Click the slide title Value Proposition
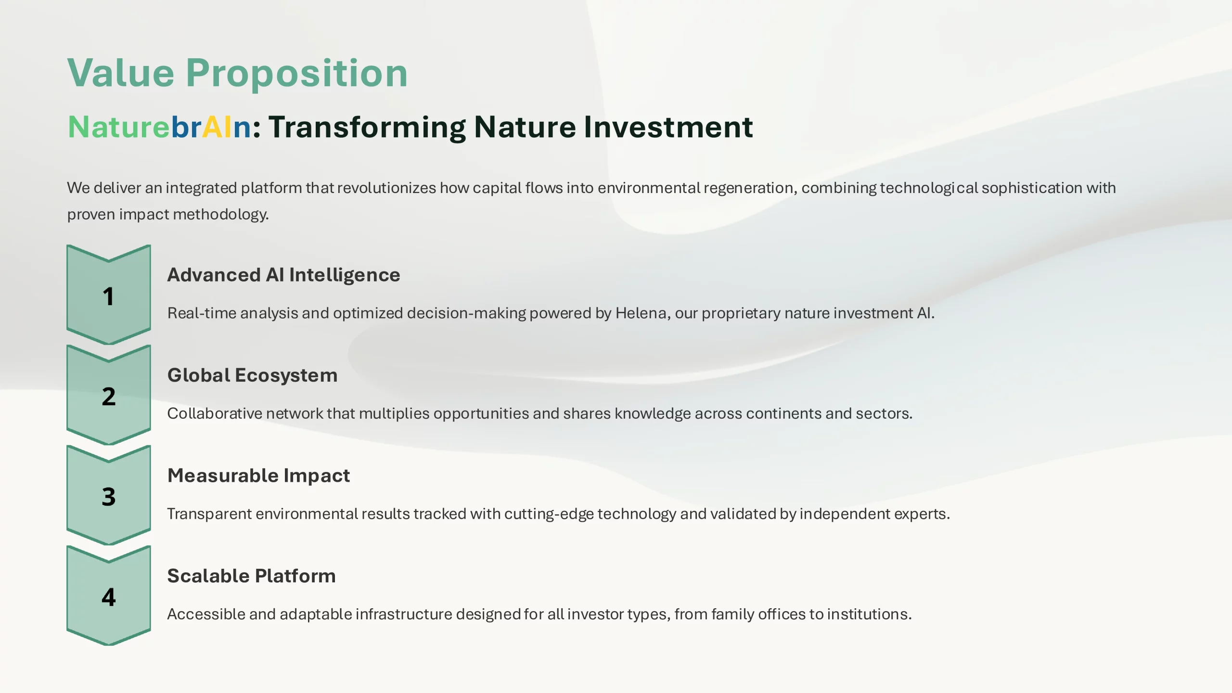pyautogui.click(x=237, y=74)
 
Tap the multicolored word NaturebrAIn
pyautogui.click(x=159, y=127)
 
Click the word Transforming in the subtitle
pyautogui.click(x=367, y=128)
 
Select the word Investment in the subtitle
pyautogui.click(x=668, y=127)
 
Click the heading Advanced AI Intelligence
pyautogui.click(x=283, y=275)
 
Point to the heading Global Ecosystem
pyautogui.click(x=252, y=375)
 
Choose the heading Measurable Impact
pyautogui.click(x=258, y=475)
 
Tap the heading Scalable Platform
pyautogui.click(x=251, y=576)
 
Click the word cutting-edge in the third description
pyautogui.click(x=549, y=514)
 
